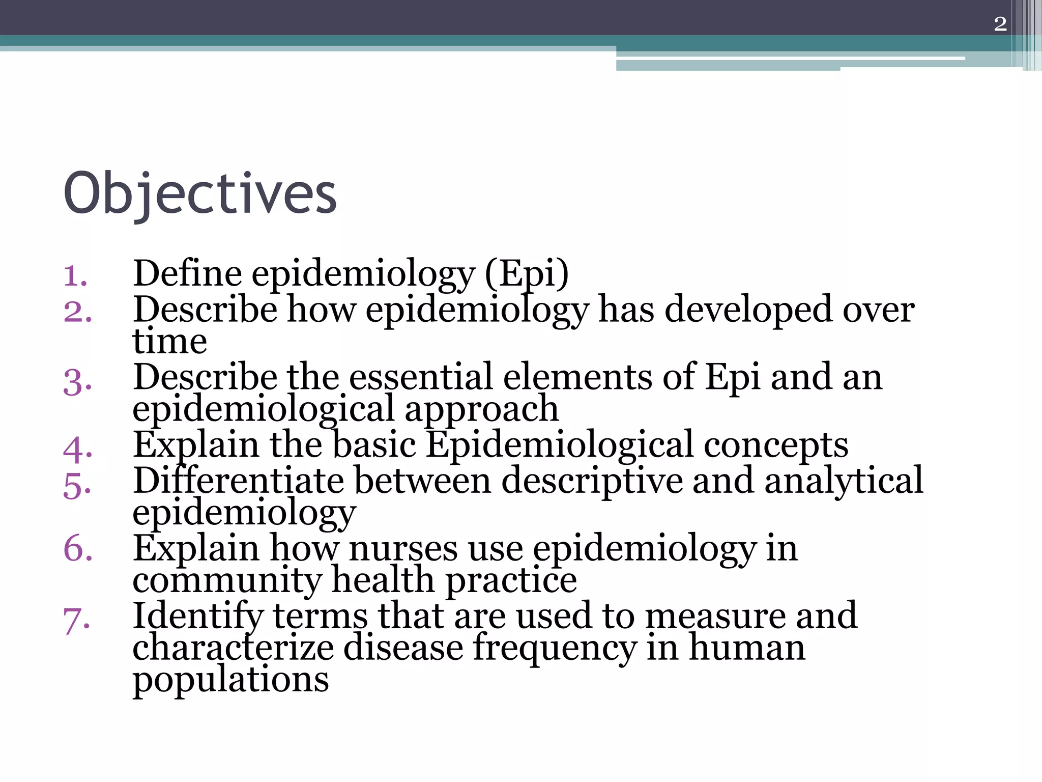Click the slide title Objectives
tap(200, 194)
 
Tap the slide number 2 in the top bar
tap(1000, 24)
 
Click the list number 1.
tap(75, 276)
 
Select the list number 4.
tap(78, 450)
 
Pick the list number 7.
tap(77, 621)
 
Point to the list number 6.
tap(78, 549)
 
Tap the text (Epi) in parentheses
tap(527, 275)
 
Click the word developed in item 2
tap(748, 311)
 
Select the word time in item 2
tap(170, 341)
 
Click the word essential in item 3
tap(421, 377)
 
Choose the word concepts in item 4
tap(776, 445)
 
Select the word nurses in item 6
tap(403, 549)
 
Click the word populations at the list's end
tap(231, 680)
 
